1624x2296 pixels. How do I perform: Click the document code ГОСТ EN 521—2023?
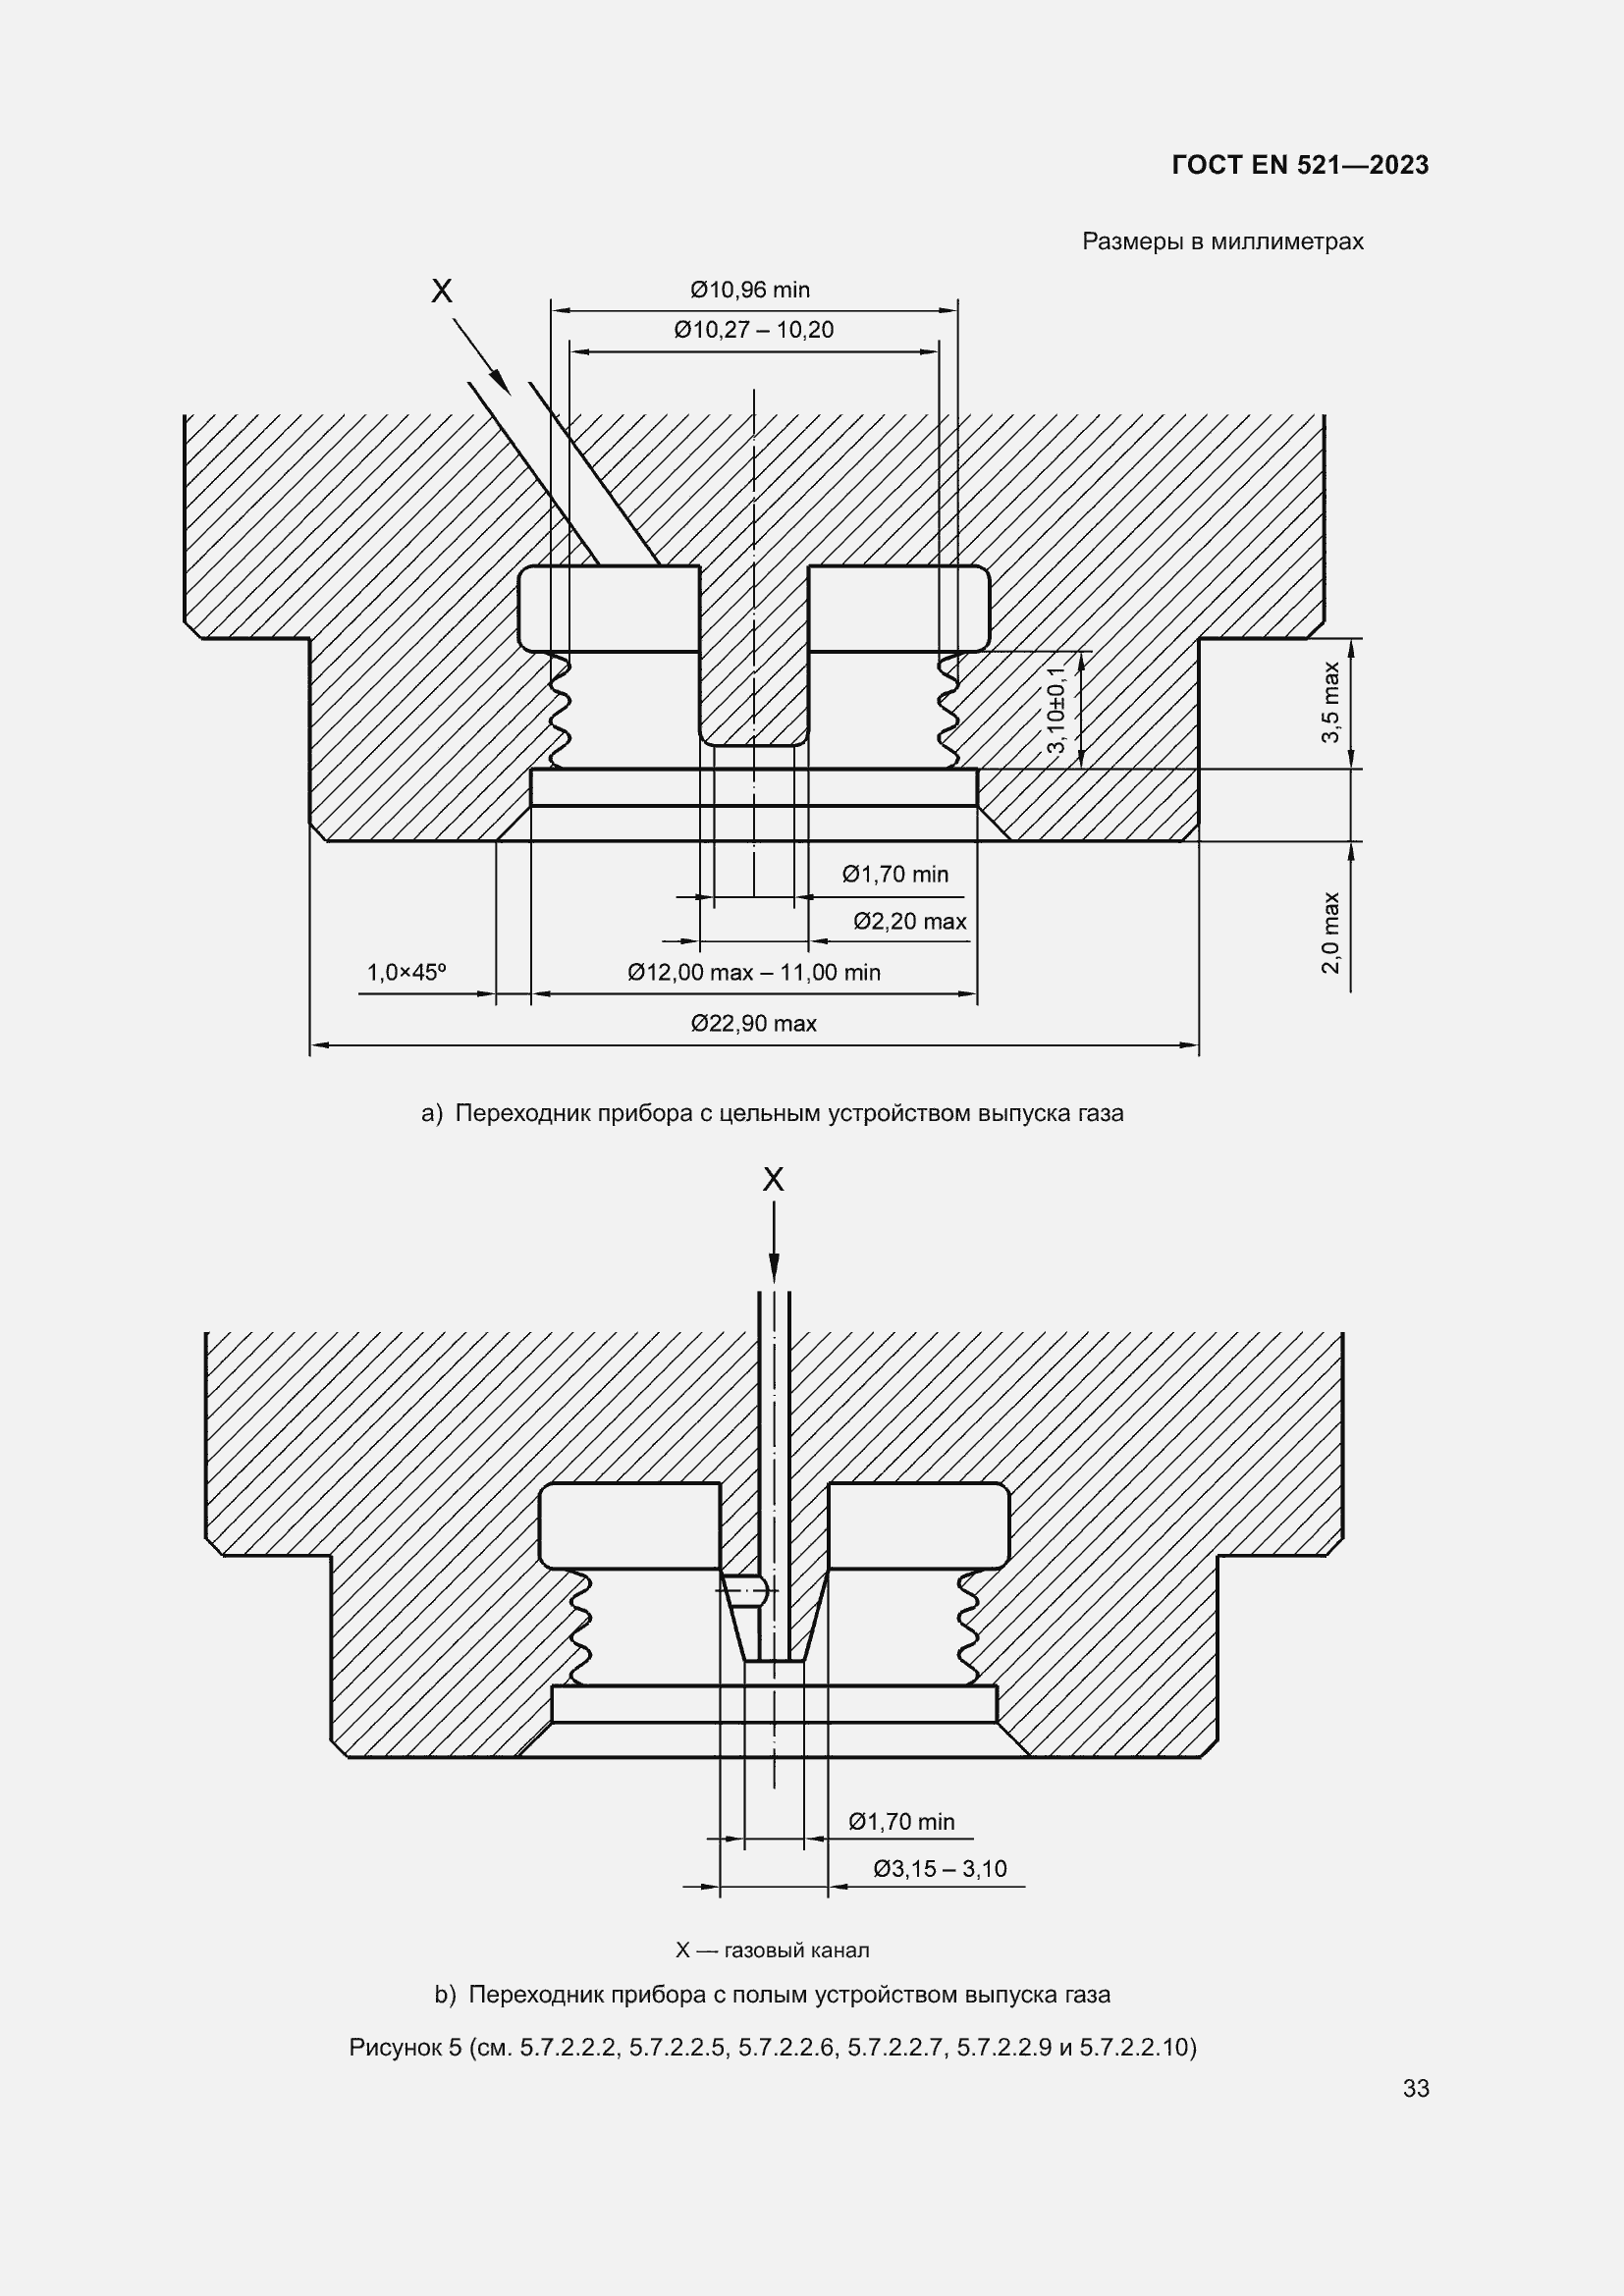point(1300,165)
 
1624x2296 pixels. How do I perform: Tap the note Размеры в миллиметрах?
point(1223,241)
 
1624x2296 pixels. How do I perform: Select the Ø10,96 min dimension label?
point(750,290)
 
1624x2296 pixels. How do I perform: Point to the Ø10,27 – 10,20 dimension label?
point(754,330)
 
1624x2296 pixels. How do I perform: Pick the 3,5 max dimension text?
point(1330,702)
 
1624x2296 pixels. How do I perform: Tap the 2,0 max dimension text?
point(1330,932)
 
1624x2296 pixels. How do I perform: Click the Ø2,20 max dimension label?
point(910,921)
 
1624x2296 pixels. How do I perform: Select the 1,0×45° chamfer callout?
point(406,972)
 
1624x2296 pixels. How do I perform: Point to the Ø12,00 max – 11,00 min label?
point(754,972)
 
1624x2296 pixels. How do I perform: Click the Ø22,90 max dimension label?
point(754,1023)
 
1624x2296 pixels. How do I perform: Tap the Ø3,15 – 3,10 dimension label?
point(940,1868)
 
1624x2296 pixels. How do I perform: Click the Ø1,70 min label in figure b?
point(902,1821)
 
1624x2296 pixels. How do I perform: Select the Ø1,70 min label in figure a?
point(895,874)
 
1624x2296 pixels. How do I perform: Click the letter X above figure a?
point(441,291)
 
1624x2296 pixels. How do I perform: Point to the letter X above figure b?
point(773,1180)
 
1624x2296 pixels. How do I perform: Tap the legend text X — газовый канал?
point(772,1949)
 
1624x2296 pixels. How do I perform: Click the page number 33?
point(1416,2088)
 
